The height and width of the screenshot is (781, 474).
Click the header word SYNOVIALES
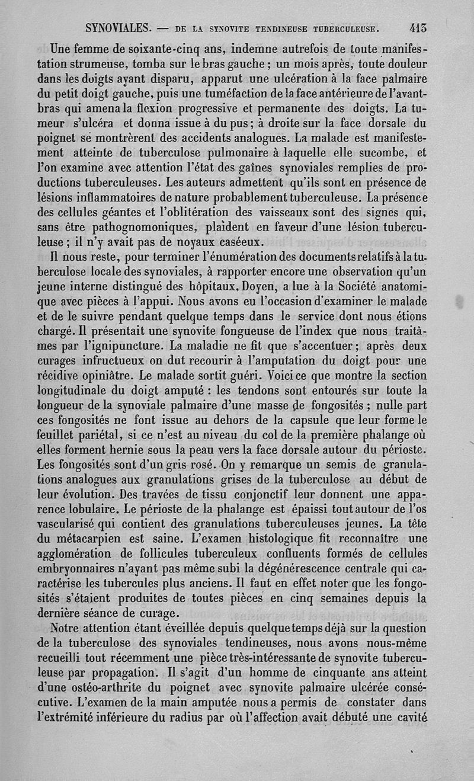119,28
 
